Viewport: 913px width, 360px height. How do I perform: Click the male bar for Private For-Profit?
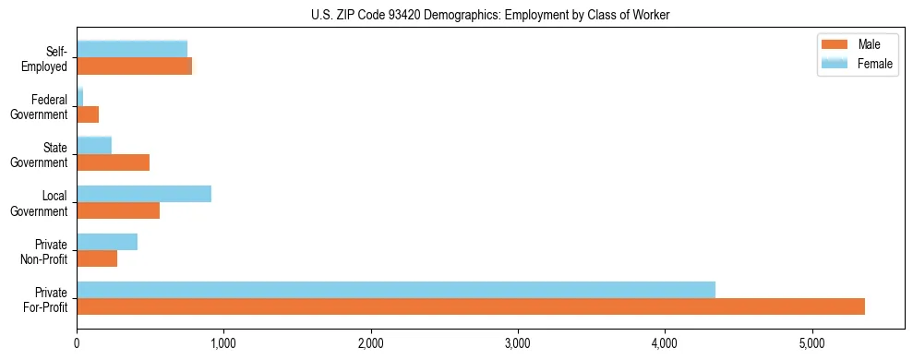pyautogui.click(x=471, y=306)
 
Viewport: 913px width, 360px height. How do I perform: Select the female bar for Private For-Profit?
pyautogui.click(x=396, y=290)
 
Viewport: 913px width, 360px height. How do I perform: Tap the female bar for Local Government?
pyautogui.click(x=144, y=194)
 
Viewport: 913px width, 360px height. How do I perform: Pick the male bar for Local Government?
pyautogui.click(x=118, y=210)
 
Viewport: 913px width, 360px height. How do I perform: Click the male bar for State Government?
pyautogui.click(x=113, y=162)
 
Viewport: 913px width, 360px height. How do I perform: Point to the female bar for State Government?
pyautogui.click(x=94, y=146)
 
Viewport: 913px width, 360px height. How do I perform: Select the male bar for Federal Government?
pyautogui.click(x=88, y=114)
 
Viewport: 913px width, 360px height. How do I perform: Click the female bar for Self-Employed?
pyautogui.click(x=132, y=50)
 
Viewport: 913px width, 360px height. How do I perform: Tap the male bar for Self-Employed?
pyautogui.click(x=134, y=66)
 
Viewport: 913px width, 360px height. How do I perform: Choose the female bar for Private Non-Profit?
pyautogui.click(x=107, y=242)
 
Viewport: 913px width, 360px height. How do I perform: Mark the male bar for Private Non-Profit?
pyautogui.click(x=97, y=258)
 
